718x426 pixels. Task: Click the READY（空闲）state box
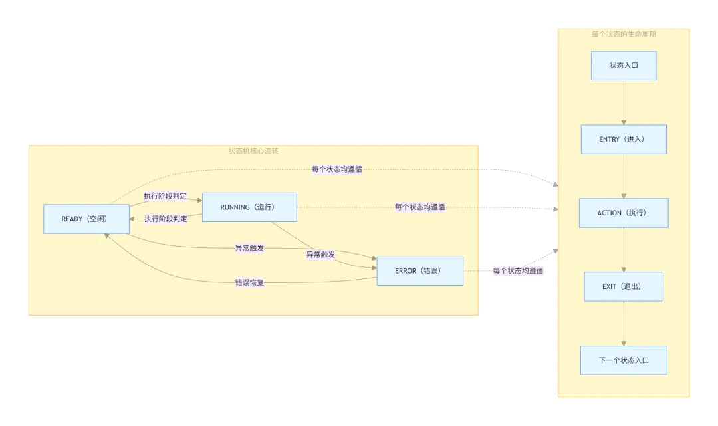pyautogui.click(x=86, y=219)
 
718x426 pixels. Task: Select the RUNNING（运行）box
pyautogui.click(x=249, y=207)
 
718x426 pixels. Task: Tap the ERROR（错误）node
pyautogui.click(x=419, y=271)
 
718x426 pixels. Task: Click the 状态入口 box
pyautogui.click(x=624, y=66)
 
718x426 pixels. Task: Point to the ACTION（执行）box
pyautogui.click(x=624, y=213)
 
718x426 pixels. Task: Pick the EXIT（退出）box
pyautogui.click(x=624, y=287)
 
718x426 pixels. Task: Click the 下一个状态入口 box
pyautogui.click(x=624, y=361)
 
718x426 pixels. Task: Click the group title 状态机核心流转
pyautogui.click(x=253, y=151)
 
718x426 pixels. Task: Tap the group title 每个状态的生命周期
pyautogui.click(x=624, y=34)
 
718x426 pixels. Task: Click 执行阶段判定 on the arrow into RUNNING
pyautogui.click(x=166, y=197)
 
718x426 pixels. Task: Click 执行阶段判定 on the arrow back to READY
pyautogui.click(x=166, y=219)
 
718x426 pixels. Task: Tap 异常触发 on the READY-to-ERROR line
pyautogui.click(x=249, y=249)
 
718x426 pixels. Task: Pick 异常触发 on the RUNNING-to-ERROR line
pyautogui.click(x=320, y=255)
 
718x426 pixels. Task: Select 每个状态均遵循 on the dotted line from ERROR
pyautogui.click(x=518, y=271)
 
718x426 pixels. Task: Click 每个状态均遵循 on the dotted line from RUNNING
pyautogui.click(x=419, y=207)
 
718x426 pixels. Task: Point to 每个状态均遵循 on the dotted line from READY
pyautogui.click(x=337, y=169)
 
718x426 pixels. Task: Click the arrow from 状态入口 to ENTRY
pyautogui.click(x=624, y=102)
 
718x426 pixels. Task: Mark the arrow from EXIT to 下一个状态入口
pyautogui.click(x=624, y=324)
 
